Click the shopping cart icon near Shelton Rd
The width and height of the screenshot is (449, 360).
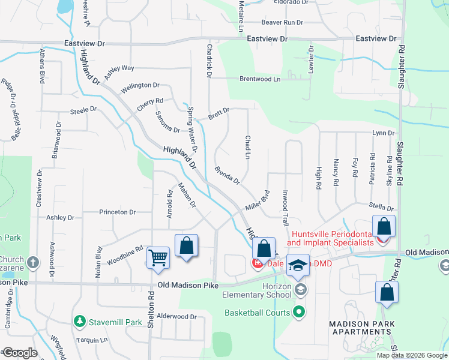tap(158, 257)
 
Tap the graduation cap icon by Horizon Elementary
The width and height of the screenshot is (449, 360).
tap(297, 265)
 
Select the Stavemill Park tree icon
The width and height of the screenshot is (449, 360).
tap(79, 322)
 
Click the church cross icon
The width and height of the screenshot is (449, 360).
tap(32, 262)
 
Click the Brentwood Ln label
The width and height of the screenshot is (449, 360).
tap(260, 79)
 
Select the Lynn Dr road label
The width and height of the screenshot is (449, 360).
tap(383, 133)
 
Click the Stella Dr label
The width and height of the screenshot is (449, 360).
tap(381, 206)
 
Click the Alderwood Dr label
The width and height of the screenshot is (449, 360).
tap(176, 316)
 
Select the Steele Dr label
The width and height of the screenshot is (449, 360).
tap(83, 110)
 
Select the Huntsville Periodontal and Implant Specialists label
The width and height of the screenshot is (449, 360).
tap(332, 239)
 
